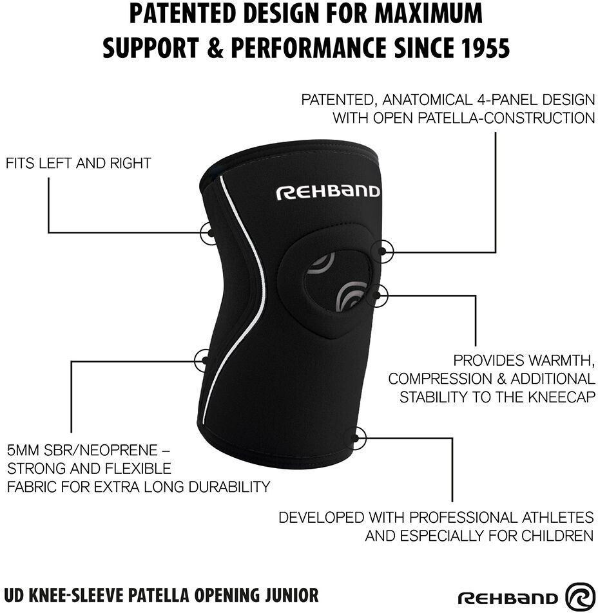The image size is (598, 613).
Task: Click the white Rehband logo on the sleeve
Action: pyautogui.click(x=328, y=192)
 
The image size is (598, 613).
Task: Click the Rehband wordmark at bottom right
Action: pyautogui.click(x=508, y=598)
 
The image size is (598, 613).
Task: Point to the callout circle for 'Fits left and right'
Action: pyautogui.click(x=209, y=232)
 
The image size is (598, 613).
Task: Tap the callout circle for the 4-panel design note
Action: pyautogui.click(x=385, y=252)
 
